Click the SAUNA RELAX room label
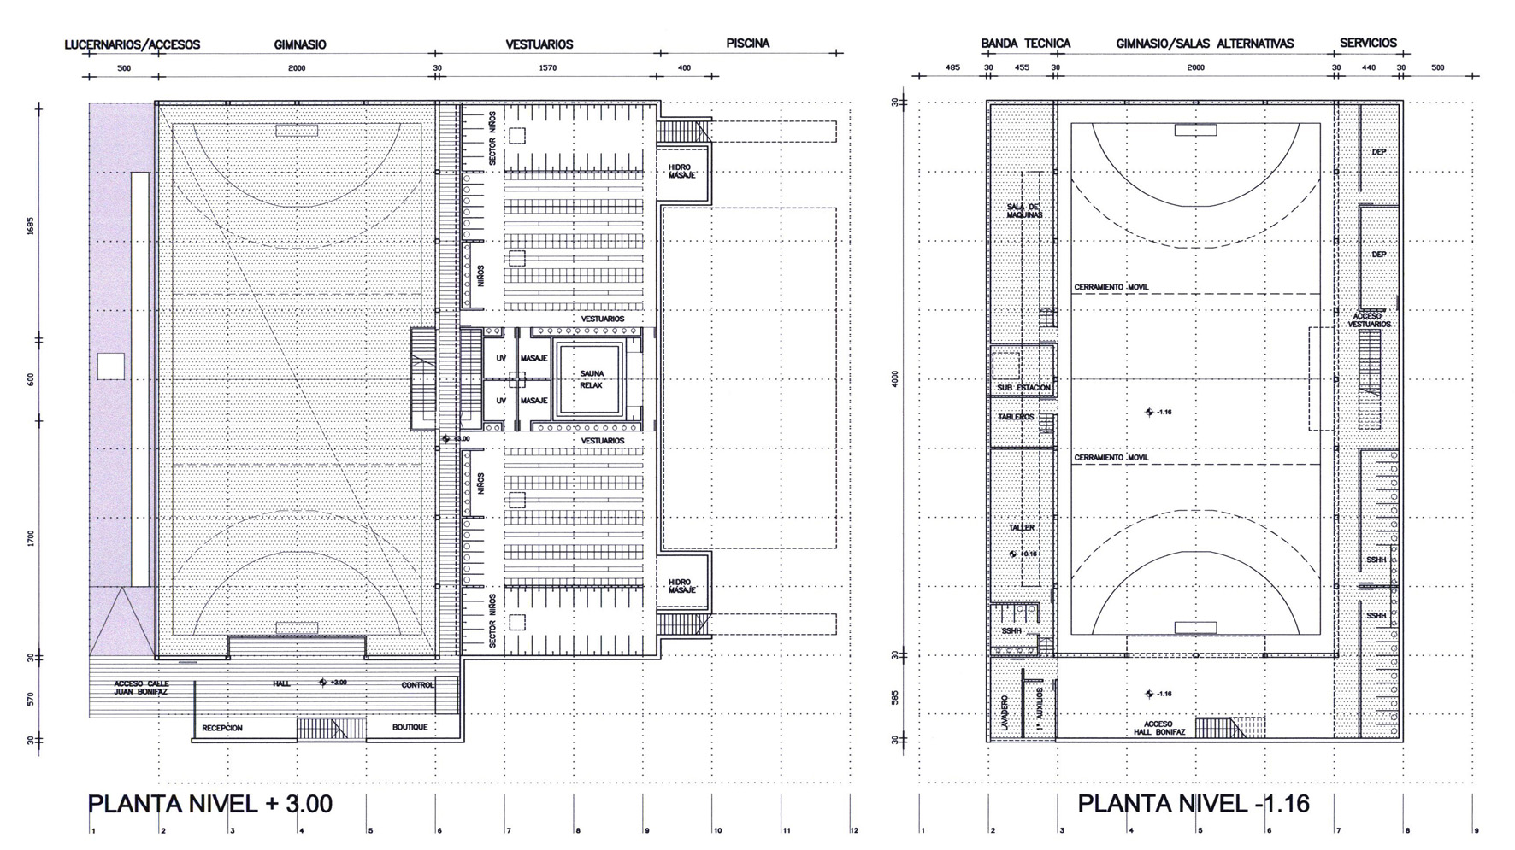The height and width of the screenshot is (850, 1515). coord(591,379)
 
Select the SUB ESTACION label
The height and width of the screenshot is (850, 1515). coord(1023,388)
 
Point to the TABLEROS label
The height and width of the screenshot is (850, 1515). coord(1016,417)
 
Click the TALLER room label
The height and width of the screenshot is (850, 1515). coord(1022,528)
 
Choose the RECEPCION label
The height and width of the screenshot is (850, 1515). coord(222,728)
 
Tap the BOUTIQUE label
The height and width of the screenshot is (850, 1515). coord(410,727)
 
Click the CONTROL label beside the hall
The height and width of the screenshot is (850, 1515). coord(418,685)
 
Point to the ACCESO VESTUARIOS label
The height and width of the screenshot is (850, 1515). coord(1369,320)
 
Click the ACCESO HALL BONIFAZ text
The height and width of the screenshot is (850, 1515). coord(1158,728)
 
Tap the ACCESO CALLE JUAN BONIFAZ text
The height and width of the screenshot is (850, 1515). coord(142,688)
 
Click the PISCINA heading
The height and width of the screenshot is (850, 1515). coord(747,43)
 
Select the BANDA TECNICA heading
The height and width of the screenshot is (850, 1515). coord(1025,43)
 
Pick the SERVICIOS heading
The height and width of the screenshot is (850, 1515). coord(1368,43)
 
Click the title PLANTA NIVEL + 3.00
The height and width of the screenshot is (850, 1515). coord(210,804)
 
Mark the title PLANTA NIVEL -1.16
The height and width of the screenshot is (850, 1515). coord(1194,804)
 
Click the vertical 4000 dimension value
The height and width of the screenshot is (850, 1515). coord(895,378)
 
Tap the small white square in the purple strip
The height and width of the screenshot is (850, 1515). coord(110,366)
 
